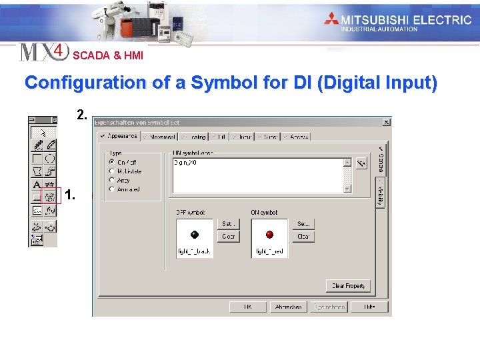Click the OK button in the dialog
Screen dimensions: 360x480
(x=247, y=307)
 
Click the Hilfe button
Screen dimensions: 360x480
(x=369, y=307)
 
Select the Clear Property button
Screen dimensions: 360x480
(x=348, y=285)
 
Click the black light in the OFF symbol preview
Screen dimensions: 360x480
(x=194, y=235)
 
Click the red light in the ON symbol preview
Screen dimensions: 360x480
(x=269, y=235)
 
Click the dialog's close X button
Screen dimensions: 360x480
(x=386, y=123)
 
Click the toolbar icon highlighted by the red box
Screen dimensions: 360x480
(x=50, y=197)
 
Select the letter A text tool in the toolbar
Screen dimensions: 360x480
(x=37, y=184)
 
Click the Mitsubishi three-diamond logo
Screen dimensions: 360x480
(x=331, y=19)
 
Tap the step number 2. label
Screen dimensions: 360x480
(x=81, y=115)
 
